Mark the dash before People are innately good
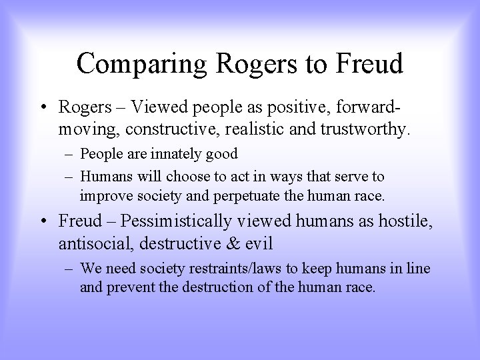pos(70,154)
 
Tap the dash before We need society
pos(70,269)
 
